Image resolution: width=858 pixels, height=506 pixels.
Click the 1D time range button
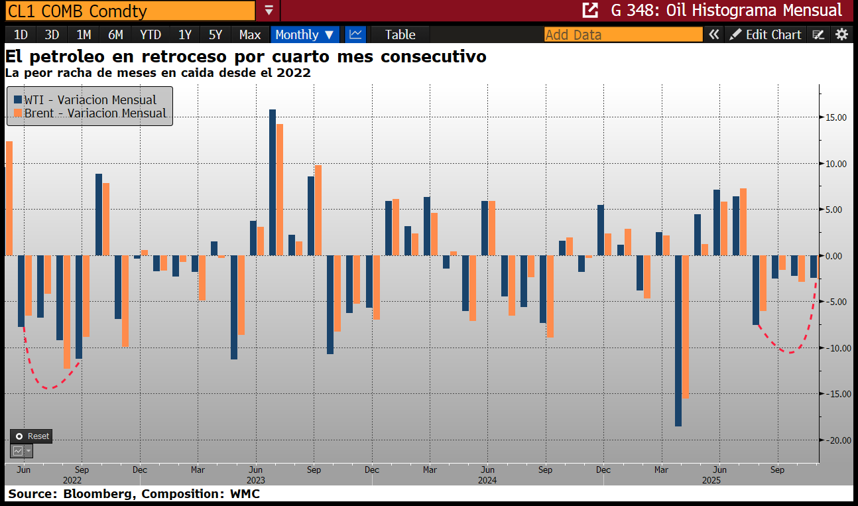click(x=21, y=34)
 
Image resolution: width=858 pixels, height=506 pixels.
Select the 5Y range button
click(x=215, y=34)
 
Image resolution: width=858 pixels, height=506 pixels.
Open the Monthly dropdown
click(x=304, y=34)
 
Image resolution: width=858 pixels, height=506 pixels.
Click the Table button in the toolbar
click(x=400, y=34)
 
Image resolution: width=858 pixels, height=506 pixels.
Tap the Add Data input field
click(x=623, y=34)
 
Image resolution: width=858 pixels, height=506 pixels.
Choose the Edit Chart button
click(x=766, y=34)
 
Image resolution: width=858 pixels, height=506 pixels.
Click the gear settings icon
click(x=841, y=34)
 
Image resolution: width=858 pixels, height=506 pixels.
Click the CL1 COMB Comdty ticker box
click(x=130, y=11)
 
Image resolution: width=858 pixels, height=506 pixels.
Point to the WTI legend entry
click(x=85, y=99)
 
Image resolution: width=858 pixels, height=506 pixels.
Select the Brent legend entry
click(x=90, y=113)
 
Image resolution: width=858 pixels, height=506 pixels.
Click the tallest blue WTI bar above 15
click(x=273, y=182)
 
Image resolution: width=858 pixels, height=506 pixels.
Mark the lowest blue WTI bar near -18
click(x=678, y=341)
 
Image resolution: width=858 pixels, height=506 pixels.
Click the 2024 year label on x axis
click(x=487, y=480)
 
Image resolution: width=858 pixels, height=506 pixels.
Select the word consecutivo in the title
click(x=434, y=56)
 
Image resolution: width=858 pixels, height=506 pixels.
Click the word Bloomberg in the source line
click(x=97, y=494)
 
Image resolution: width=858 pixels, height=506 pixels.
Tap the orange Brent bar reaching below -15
click(x=686, y=327)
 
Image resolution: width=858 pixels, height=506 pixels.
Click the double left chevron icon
click(x=713, y=34)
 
